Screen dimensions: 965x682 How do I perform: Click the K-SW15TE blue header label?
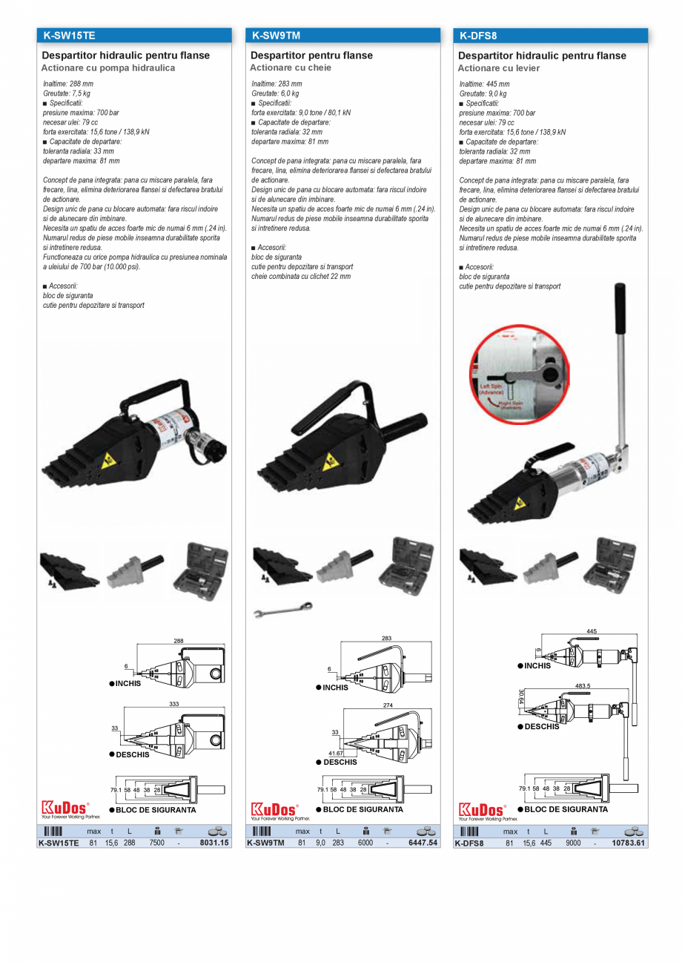click(69, 36)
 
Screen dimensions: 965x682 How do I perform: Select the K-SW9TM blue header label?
click(276, 36)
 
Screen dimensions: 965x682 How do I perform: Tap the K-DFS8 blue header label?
click(479, 36)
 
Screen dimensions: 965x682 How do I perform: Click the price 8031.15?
click(215, 843)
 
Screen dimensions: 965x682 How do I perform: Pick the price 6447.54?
click(424, 843)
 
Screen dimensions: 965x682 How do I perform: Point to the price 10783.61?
click(629, 843)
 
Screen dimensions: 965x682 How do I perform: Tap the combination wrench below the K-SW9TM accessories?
click(282, 610)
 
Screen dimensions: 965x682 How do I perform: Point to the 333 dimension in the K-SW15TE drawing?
click(174, 703)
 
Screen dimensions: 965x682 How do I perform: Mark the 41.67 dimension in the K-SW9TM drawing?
click(335, 753)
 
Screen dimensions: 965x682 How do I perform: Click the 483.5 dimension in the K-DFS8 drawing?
click(583, 686)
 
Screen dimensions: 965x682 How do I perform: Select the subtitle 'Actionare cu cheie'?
click(291, 67)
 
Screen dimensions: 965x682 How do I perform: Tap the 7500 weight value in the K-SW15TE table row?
click(156, 843)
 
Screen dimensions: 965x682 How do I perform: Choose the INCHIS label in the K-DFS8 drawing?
click(537, 665)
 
